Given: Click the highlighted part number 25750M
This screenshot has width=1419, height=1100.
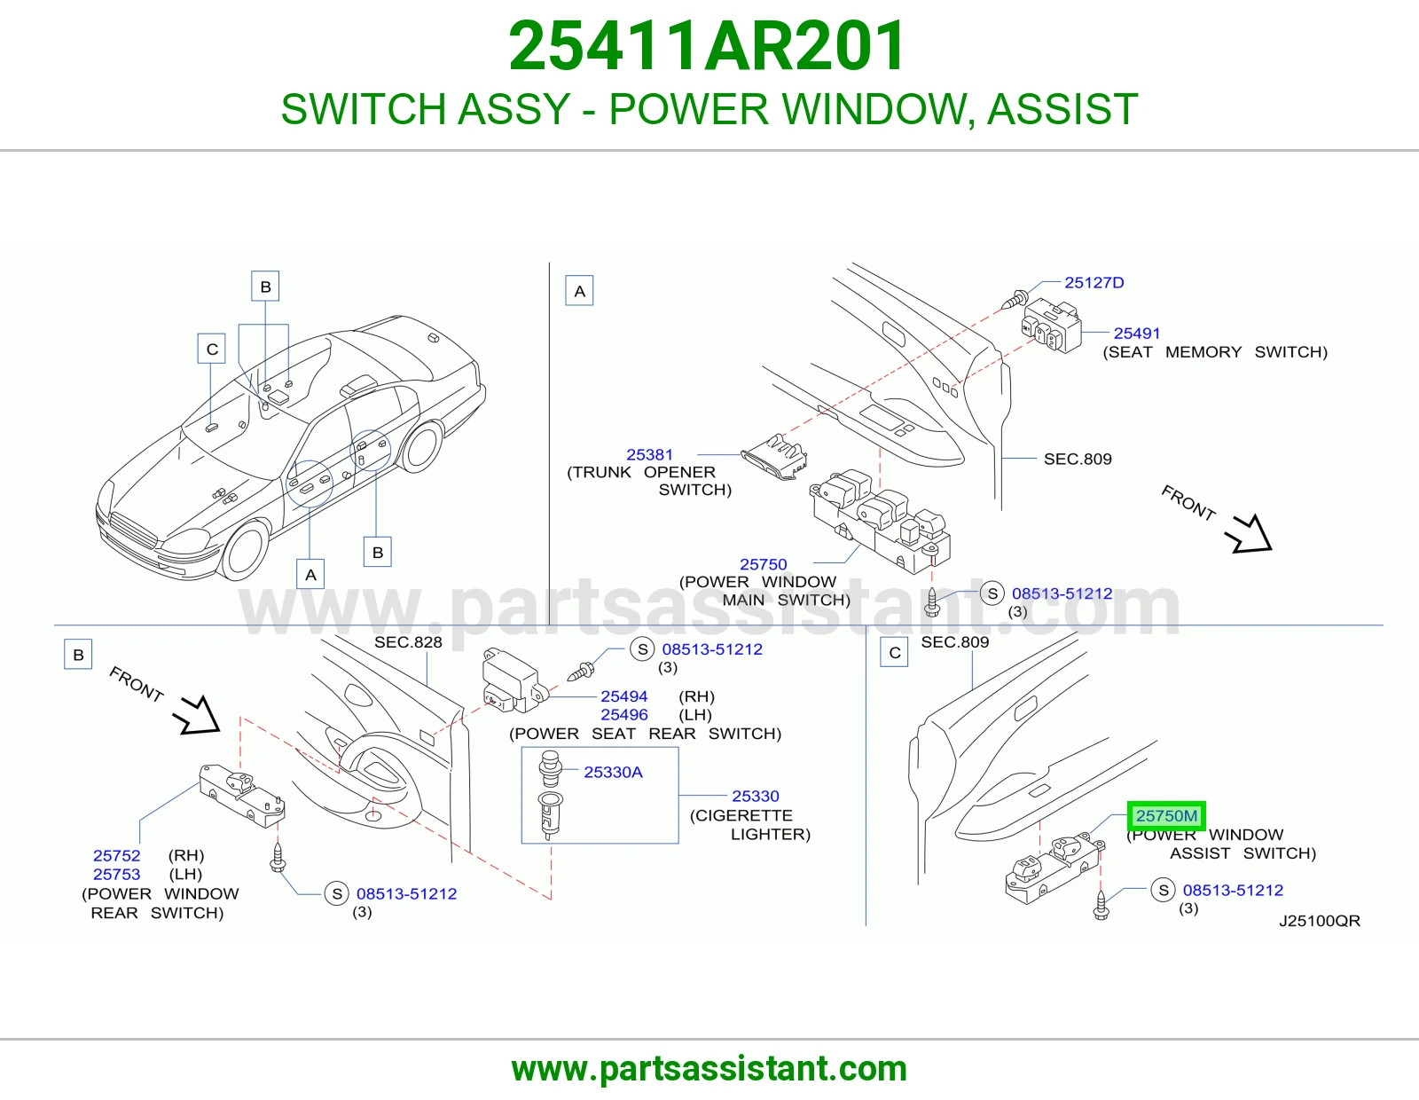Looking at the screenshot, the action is click(x=1166, y=816).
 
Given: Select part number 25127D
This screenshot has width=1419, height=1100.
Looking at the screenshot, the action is click(x=1094, y=283).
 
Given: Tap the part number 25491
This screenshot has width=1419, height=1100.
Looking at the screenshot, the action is click(x=1137, y=334).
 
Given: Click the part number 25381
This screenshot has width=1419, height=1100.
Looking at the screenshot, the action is click(x=649, y=454).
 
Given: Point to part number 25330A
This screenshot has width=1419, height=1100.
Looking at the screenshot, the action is click(x=613, y=772).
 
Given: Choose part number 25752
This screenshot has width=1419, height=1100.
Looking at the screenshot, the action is click(x=117, y=856).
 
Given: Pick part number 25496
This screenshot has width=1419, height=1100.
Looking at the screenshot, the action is click(x=624, y=715).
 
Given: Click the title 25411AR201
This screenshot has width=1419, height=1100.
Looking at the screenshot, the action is click(x=707, y=46).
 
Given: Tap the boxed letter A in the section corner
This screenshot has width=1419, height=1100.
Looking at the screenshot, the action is click(x=579, y=291).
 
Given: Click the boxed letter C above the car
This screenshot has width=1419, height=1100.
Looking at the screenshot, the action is click(x=212, y=349).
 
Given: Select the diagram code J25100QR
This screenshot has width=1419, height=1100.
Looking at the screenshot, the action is click(x=1319, y=921).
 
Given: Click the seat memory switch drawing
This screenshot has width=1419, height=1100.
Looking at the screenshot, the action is click(x=1051, y=326).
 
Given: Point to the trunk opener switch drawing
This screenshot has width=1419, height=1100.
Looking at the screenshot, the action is click(x=774, y=458).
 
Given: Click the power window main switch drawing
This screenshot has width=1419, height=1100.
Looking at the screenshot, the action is click(x=880, y=520).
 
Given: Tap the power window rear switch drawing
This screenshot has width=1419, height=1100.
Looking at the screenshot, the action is click(x=242, y=796).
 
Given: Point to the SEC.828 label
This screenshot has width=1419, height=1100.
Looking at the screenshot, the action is click(x=408, y=643).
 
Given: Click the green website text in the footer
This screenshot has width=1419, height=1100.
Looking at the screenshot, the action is click(x=709, y=1069).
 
